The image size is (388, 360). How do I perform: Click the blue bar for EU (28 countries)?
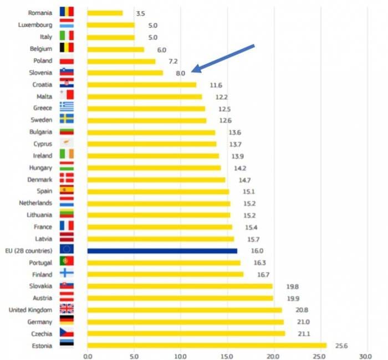162,251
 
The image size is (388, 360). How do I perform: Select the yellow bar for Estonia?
207,346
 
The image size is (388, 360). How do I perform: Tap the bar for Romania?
105,13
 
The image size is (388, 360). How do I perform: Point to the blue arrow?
223,59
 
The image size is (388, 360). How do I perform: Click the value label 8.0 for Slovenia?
180,73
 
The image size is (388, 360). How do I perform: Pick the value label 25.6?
341,346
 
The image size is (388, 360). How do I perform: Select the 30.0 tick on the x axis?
365,356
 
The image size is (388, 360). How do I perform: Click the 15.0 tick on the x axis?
227,356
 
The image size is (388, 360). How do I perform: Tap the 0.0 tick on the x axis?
88,356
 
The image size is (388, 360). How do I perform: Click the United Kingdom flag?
67,309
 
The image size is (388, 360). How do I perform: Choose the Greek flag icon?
67,106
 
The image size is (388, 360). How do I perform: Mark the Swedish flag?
67,119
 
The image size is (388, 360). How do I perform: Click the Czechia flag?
67,332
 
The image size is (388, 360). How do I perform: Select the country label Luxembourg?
35,25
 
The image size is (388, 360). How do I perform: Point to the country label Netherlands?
35,203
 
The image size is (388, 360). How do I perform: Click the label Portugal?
40,263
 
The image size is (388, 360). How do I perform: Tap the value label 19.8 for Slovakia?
293,286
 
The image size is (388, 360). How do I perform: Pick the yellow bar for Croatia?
142,85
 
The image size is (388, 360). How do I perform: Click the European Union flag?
67,249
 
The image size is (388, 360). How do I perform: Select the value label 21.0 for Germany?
303,322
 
